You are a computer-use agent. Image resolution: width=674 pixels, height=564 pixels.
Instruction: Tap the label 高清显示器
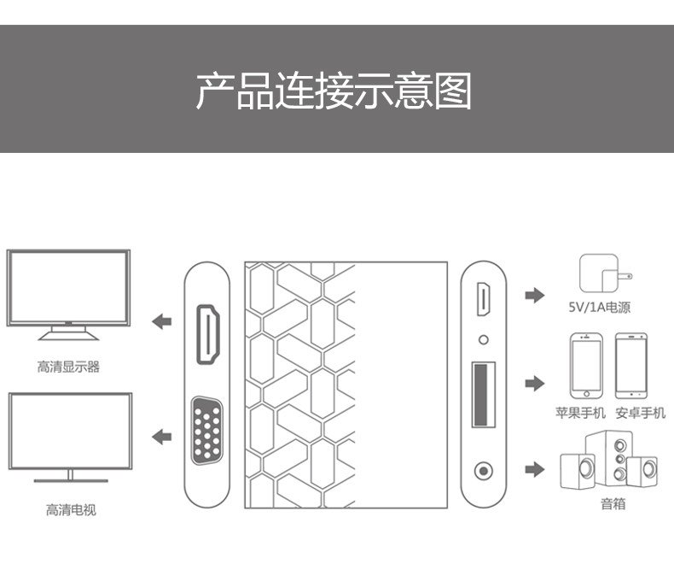point(68,367)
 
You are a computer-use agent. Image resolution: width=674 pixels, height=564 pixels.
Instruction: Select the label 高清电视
point(71,510)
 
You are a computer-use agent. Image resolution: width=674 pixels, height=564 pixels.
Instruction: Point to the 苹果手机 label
point(580,413)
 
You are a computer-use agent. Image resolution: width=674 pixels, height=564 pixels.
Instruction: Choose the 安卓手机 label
point(640,413)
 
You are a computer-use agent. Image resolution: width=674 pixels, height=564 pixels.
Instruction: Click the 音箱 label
point(613,504)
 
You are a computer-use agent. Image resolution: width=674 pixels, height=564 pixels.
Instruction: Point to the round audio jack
point(484,470)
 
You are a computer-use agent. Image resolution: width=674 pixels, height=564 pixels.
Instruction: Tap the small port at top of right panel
point(483,300)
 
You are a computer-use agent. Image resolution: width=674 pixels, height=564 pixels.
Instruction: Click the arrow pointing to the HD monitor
point(161,322)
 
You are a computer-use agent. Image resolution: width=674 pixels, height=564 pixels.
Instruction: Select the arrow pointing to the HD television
point(161,438)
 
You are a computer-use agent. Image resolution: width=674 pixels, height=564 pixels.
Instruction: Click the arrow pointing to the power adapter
point(534,296)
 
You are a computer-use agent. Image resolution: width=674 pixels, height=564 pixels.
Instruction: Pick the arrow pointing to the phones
point(534,384)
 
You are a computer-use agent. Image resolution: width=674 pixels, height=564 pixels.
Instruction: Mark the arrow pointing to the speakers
point(534,469)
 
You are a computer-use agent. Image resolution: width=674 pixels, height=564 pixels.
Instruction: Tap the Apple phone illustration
point(586,365)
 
